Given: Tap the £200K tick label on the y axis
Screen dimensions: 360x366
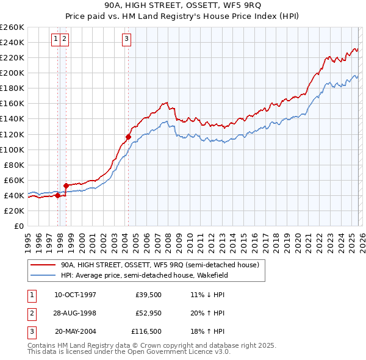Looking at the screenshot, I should tap(12, 73).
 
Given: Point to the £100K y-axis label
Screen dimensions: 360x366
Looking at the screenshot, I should tap(12, 149).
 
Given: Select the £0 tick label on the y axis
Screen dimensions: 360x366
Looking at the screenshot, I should tap(18, 226).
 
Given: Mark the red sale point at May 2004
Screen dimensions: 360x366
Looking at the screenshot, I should tap(128, 137).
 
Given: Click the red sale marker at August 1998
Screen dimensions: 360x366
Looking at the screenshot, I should tap(66, 185).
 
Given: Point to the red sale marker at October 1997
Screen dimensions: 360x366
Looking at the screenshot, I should tap(57, 196).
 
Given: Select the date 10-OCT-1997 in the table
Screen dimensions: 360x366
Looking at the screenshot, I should tap(75, 295).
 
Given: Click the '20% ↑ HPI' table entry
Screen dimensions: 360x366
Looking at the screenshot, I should tap(207, 314).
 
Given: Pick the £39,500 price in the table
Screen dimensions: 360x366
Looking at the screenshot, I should tap(148, 295).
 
